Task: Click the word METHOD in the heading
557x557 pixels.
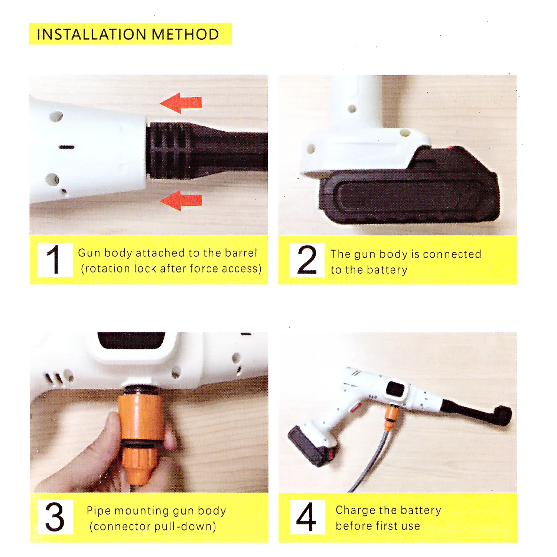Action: click(x=185, y=34)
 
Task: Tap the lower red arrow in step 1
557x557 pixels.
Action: click(x=181, y=201)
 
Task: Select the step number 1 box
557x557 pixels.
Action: click(x=55, y=260)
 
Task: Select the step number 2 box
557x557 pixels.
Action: click(x=307, y=260)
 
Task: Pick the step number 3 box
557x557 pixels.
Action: click(x=55, y=517)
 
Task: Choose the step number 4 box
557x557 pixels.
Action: click(x=307, y=517)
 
